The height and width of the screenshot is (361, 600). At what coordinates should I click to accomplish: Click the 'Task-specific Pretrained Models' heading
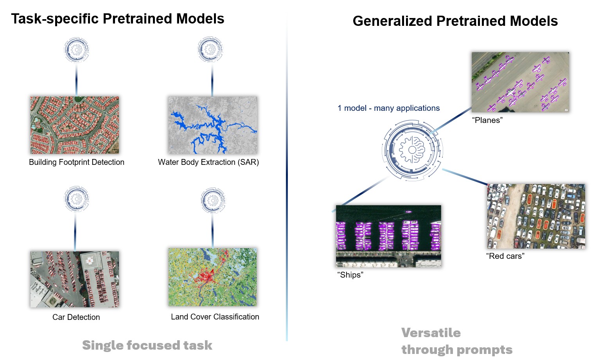pyautogui.click(x=117, y=19)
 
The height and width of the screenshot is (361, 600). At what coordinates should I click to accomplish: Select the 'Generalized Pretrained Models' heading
pyautogui.click(x=455, y=21)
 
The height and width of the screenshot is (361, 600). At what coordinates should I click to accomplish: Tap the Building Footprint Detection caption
pyautogui.click(x=77, y=162)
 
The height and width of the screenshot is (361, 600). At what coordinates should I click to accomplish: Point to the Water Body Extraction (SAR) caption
pyautogui.click(x=208, y=162)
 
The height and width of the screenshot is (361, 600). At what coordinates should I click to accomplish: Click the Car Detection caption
pyautogui.click(x=76, y=317)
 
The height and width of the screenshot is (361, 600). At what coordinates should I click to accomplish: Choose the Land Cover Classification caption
pyautogui.click(x=215, y=317)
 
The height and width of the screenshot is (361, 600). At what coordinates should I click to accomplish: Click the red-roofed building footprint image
pyautogui.click(x=75, y=125)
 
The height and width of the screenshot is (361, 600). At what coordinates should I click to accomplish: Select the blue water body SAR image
pyautogui.click(x=213, y=125)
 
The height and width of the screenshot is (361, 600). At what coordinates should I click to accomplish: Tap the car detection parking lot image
pyautogui.click(x=75, y=279)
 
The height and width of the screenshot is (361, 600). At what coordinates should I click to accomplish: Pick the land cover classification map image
pyautogui.click(x=213, y=277)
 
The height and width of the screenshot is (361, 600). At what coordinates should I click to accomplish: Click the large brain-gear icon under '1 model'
pyautogui.click(x=412, y=150)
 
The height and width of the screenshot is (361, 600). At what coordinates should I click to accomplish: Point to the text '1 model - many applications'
pyautogui.click(x=388, y=108)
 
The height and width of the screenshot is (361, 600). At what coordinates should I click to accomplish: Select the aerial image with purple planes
pyautogui.click(x=520, y=82)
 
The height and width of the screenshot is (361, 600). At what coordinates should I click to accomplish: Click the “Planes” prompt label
pyautogui.click(x=487, y=120)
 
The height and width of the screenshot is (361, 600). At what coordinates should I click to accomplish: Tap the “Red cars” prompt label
pyautogui.click(x=505, y=256)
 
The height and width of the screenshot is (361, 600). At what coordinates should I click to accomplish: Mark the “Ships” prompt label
pyautogui.click(x=350, y=275)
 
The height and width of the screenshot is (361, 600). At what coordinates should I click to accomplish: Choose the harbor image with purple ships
pyautogui.click(x=388, y=236)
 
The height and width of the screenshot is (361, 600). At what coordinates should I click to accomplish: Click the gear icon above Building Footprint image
pyautogui.click(x=77, y=50)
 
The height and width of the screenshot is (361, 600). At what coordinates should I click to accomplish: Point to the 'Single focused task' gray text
pyautogui.click(x=147, y=345)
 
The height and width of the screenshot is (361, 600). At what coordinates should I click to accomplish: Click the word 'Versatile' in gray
pyautogui.click(x=431, y=333)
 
